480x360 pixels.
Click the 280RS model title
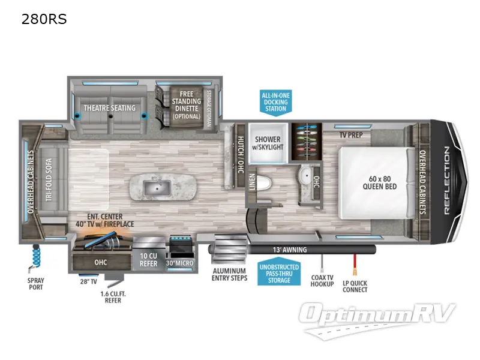coord(44,19)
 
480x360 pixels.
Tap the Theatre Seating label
coord(109,108)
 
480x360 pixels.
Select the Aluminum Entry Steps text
coord(229,274)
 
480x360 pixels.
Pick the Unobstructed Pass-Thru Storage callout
coord(279,273)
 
